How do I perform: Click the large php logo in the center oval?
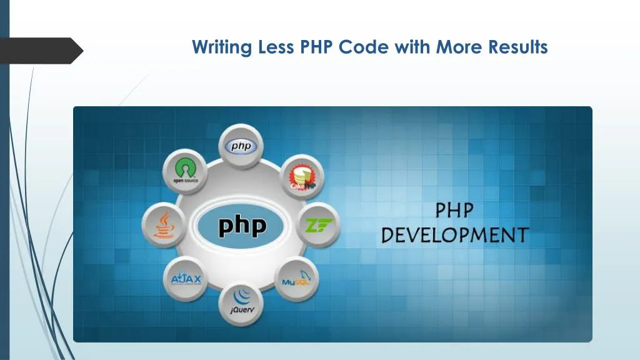(x=242, y=226)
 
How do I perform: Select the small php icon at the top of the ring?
(x=241, y=147)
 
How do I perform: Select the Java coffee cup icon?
(x=165, y=226)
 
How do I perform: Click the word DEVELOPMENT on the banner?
(x=454, y=235)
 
